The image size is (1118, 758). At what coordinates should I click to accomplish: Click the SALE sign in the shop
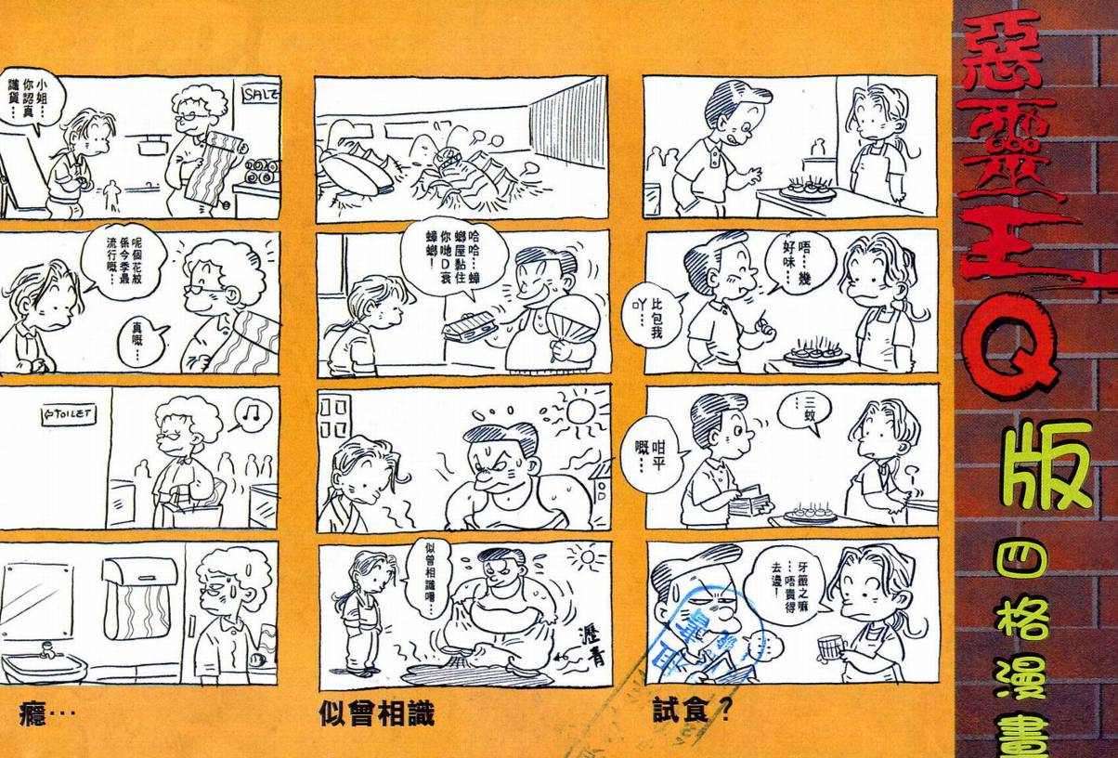click(x=256, y=94)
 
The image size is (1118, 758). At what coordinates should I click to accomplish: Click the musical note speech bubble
click(x=246, y=412)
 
